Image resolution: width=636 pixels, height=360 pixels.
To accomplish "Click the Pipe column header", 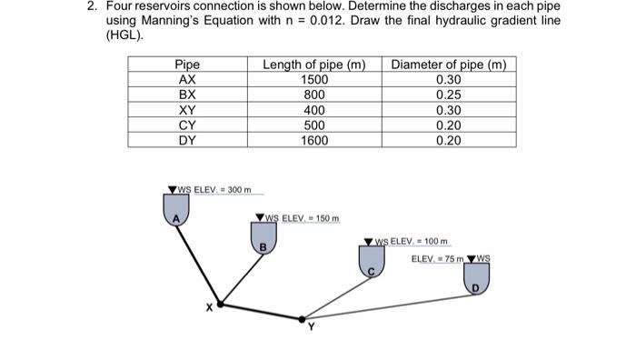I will [x=187, y=65].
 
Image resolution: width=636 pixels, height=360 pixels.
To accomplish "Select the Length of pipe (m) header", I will [x=314, y=65].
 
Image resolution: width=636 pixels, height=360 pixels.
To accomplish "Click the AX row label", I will [x=187, y=80].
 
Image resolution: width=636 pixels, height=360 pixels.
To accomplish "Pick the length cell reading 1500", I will [x=314, y=80].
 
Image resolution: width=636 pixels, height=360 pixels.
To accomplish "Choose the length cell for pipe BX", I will [x=314, y=95].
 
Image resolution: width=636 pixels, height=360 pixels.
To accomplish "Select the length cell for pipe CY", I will [x=314, y=125].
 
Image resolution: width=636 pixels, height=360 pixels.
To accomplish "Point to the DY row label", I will [x=187, y=141].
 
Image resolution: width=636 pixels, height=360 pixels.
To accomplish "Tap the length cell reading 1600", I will [x=314, y=141].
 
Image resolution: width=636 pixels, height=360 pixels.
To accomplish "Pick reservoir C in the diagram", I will [x=371, y=264].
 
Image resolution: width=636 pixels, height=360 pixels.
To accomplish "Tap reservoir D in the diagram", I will [x=474, y=281].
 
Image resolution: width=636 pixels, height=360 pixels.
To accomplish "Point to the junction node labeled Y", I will [x=303, y=319].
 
